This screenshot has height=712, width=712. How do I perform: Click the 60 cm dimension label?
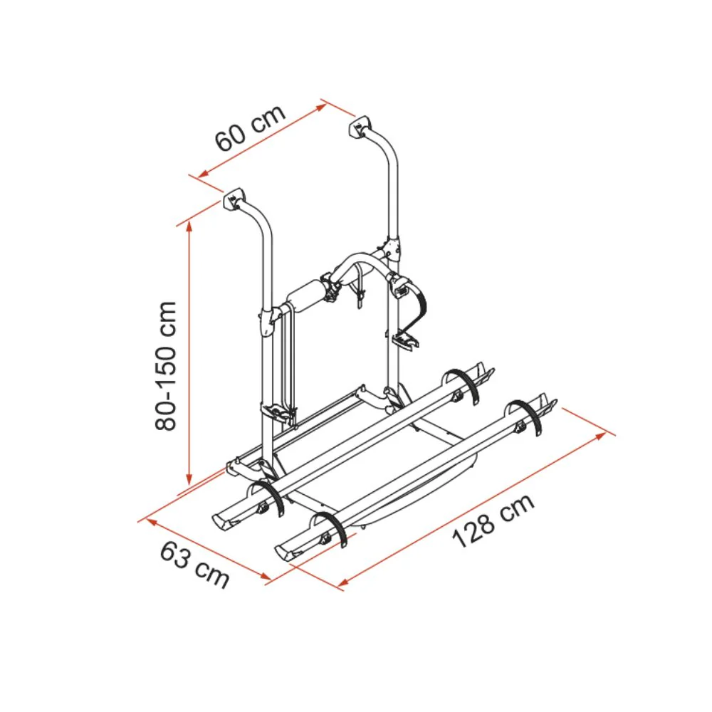(251, 128)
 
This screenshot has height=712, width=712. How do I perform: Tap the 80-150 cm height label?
(165, 365)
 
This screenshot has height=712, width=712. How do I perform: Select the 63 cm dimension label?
(194, 565)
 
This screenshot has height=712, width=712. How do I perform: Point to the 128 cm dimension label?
(493, 520)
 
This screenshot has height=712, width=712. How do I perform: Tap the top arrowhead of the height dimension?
(189, 227)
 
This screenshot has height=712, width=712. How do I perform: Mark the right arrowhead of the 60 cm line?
(321, 108)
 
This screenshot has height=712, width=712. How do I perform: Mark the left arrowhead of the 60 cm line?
(203, 174)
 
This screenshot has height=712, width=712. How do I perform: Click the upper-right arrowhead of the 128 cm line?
(601, 436)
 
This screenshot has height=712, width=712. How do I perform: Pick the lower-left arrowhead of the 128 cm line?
(344, 582)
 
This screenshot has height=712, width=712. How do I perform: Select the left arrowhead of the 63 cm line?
(150, 523)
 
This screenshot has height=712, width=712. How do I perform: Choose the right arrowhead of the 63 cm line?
(265, 577)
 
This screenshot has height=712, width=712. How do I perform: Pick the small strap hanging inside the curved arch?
(360, 286)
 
